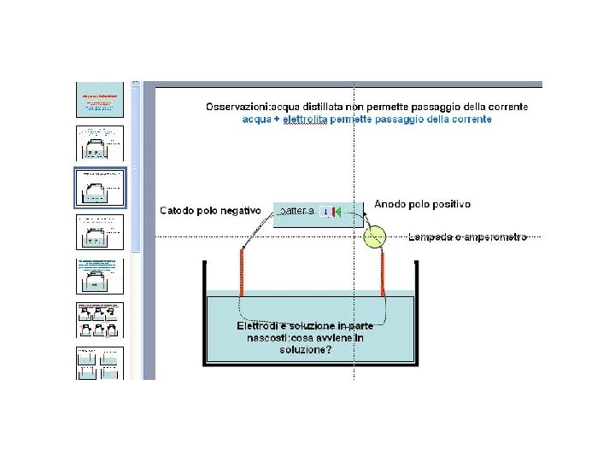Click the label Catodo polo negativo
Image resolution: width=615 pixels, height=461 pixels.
click(210, 210)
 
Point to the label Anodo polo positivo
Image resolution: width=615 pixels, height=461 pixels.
click(422, 205)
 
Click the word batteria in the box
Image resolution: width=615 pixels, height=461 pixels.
click(297, 211)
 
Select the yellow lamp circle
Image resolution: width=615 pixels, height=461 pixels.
click(374, 236)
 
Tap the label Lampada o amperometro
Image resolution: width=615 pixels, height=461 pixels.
click(467, 236)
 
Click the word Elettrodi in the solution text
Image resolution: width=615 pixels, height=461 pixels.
click(262, 326)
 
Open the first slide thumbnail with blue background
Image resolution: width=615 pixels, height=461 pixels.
click(100, 100)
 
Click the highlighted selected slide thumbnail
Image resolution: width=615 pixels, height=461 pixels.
click(100, 188)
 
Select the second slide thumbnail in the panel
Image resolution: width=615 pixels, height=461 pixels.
click(100, 143)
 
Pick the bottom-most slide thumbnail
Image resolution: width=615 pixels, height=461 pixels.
click(100, 363)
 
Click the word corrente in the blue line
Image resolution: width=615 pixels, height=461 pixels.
click(468, 120)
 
